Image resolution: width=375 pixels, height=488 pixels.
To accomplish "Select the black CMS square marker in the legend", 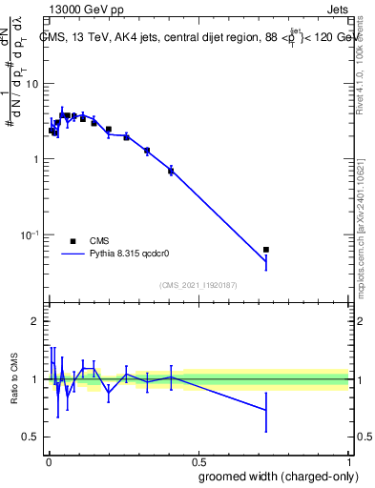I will tap(73, 241).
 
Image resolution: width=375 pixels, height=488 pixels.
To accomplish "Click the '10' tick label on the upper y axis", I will tap(35, 84).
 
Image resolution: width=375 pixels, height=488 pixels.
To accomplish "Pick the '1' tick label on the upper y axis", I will tap(38, 159).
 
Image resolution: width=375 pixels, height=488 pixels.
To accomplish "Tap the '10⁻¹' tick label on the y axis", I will tap(32, 234).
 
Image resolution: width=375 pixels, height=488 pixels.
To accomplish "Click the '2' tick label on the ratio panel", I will tap(38, 321).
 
